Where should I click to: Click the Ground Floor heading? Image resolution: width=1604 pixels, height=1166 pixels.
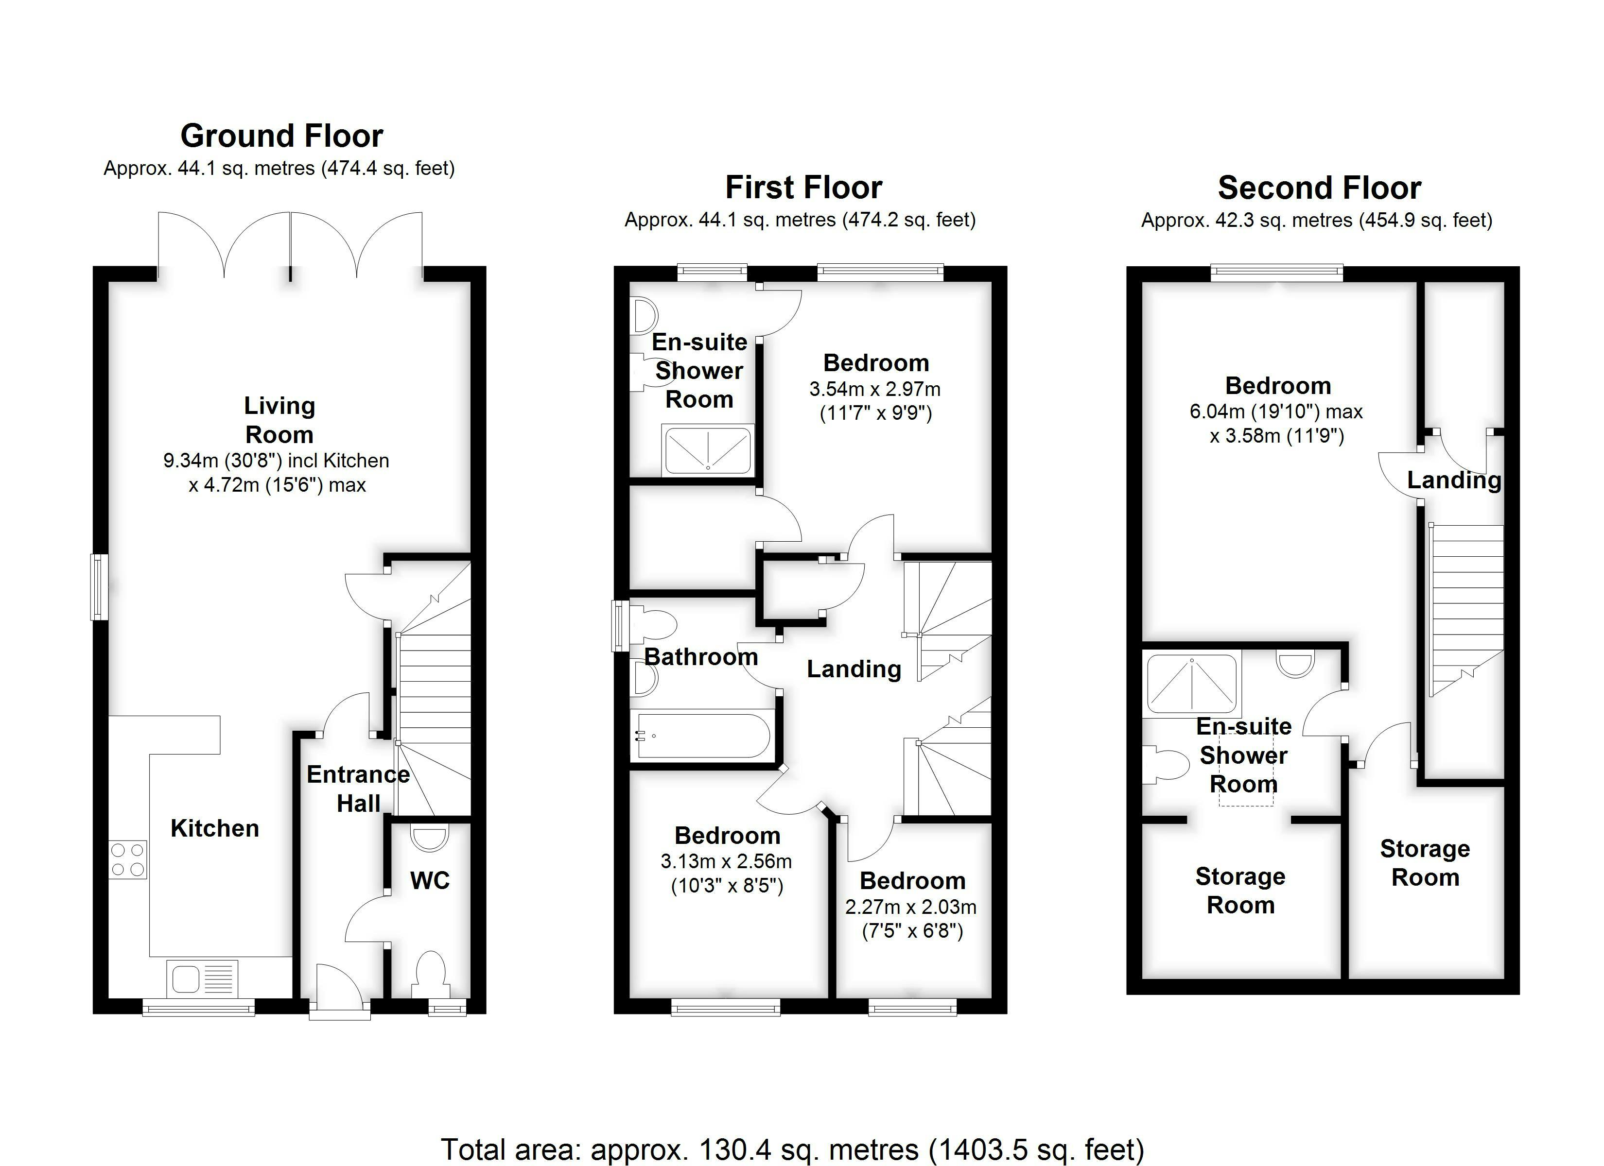coord(281,136)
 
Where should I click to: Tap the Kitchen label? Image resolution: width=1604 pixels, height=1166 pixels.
coord(215,828)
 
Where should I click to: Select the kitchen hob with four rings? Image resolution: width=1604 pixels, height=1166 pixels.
coord(128,860)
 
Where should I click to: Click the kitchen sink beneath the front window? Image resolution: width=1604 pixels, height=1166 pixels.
coord(202,978)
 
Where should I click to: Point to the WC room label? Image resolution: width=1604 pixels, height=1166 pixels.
coord(430,880)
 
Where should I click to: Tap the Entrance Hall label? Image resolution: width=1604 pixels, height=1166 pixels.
coord(359,789)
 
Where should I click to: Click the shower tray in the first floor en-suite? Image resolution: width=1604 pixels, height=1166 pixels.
coord(708,450)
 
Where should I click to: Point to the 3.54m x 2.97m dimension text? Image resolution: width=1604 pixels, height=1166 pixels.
coord(875,389)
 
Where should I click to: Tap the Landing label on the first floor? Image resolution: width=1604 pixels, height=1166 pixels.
coord(854,669)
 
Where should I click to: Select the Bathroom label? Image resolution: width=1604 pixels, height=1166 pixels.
coord(701,657)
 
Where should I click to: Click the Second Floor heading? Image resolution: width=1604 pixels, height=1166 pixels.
coord(1320,188)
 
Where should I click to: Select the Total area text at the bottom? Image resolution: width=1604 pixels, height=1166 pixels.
coord(793,1150)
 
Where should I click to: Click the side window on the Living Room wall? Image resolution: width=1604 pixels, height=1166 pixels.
coord(99,587)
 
